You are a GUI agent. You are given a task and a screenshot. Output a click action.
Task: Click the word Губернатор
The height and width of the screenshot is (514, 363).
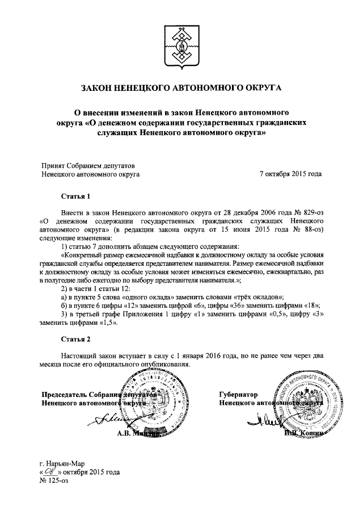point(238,394)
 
